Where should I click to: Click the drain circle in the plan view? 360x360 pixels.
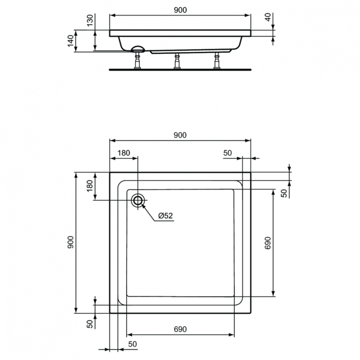tap(138, 201)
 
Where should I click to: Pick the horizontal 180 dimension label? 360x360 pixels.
tap(123, 153)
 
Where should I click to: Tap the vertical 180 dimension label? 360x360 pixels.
tap(90, 186)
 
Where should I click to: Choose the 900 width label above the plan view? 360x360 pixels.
tap(180, 135)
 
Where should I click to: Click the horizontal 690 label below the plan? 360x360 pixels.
tap(180, 329)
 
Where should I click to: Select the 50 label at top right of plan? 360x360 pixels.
tap(227, 153)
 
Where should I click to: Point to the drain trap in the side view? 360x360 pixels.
tap(138, 48)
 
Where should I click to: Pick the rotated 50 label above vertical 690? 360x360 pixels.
tap(283, 193)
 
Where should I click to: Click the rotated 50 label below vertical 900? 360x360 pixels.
tap(90, 323)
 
